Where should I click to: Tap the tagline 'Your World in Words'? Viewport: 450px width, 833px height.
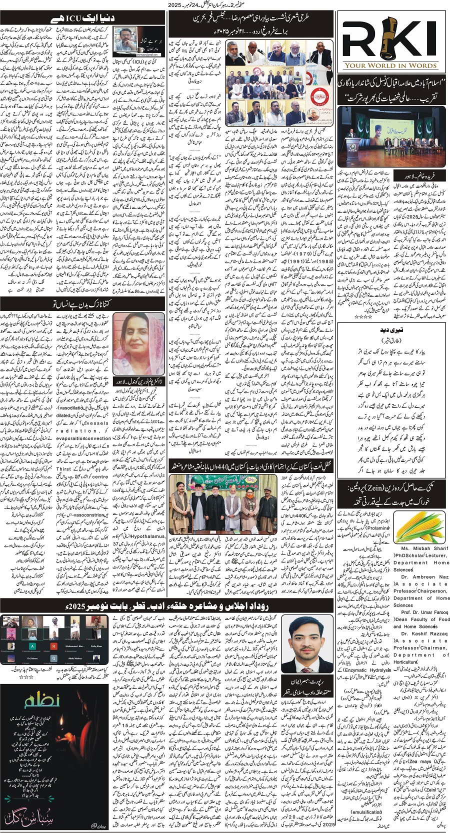coord(393,65)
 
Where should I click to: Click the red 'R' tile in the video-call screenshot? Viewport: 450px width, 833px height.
coord(53,646)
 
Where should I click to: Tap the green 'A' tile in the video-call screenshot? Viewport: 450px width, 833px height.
coord(32,646)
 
